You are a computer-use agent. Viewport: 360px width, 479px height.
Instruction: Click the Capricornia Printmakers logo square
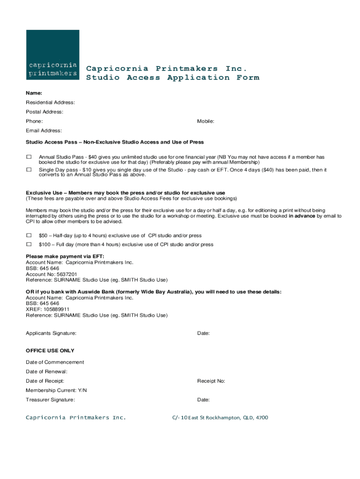click(52, 55)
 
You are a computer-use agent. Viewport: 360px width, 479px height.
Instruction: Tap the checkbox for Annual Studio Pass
click(29, 157)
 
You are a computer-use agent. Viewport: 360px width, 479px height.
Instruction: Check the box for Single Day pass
click(29, 169)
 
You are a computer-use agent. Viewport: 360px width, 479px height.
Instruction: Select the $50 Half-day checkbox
click(29, 235)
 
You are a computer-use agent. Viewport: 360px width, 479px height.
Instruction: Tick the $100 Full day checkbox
click(29, 244)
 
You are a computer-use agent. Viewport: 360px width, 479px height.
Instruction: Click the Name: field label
click(34, 93)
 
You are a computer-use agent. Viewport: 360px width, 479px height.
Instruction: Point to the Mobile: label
click(205, 121)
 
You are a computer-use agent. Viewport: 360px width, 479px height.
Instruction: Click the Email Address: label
click(43, 131)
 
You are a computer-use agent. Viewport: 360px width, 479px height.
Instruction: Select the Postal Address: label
click(44, 112)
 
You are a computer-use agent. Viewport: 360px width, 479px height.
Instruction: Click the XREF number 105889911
click(55, 309)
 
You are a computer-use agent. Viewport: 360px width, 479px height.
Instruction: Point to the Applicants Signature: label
click(51, 334)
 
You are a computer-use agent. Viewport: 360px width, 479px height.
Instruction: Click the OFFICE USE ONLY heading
click(50, 350)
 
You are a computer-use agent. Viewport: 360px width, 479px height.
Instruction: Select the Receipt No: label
click(211, 381)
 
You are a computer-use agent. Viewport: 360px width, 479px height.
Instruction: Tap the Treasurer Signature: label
click(50, 399)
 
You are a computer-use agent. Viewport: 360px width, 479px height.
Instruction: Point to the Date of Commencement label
click(55, 362)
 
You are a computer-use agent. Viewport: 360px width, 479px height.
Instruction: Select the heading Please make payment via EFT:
click(65, 256)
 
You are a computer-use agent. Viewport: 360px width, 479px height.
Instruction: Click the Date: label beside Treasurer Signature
click(203, 399)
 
